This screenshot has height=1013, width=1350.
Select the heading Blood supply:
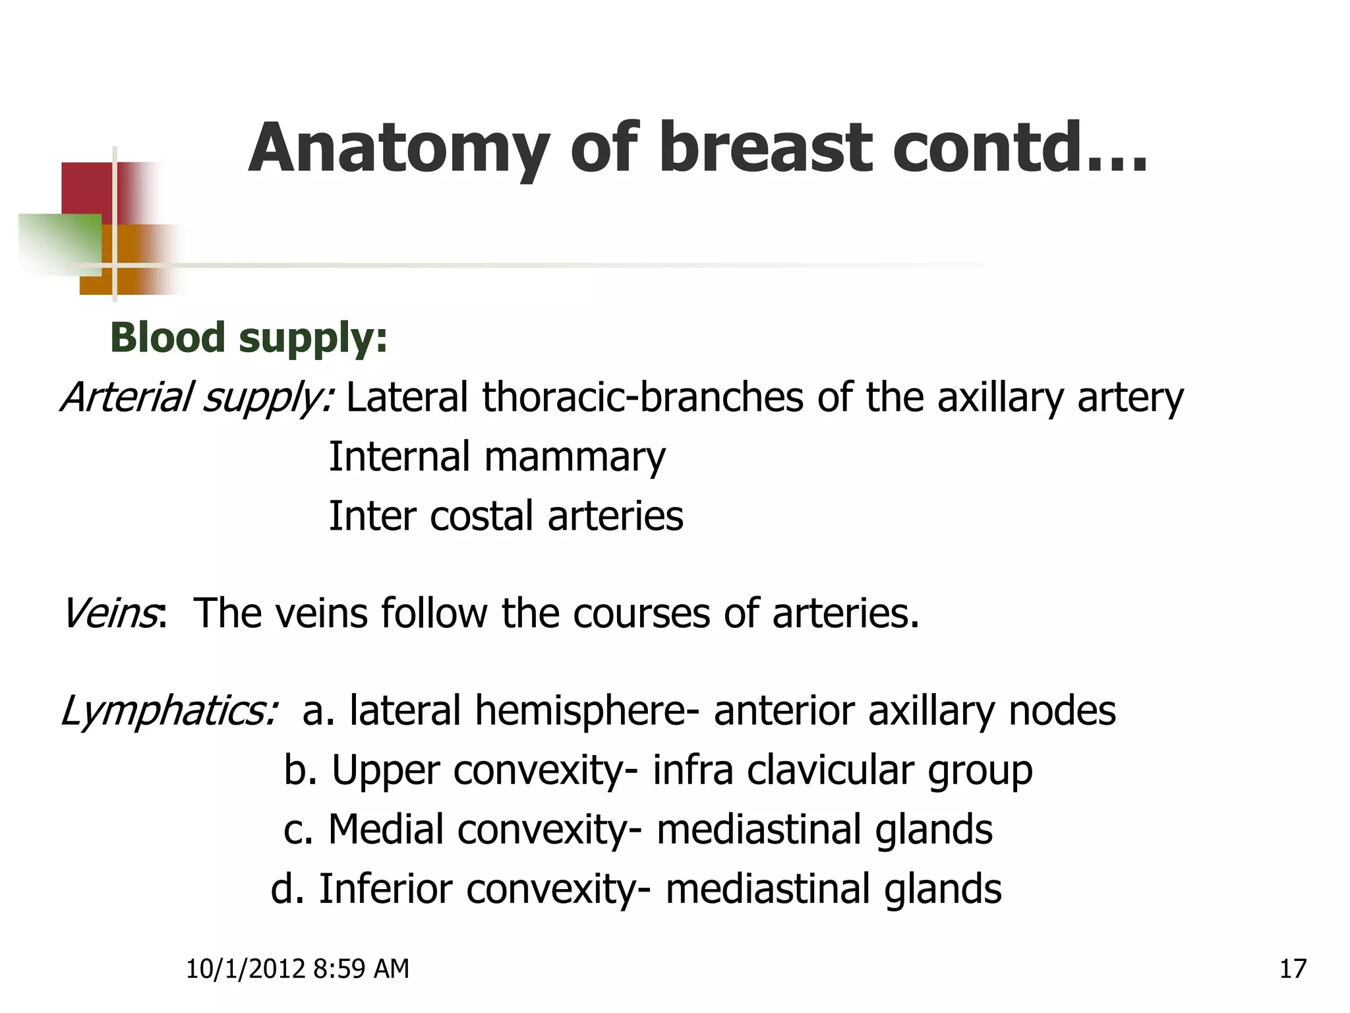coord(249,338)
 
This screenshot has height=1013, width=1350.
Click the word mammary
coord(575,458)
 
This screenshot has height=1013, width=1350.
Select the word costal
coord(481,516)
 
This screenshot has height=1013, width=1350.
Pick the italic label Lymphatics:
coord(169,712)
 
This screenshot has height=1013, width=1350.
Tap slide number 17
coord(1293,969)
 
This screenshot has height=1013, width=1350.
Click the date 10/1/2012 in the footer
coord(245,969)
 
